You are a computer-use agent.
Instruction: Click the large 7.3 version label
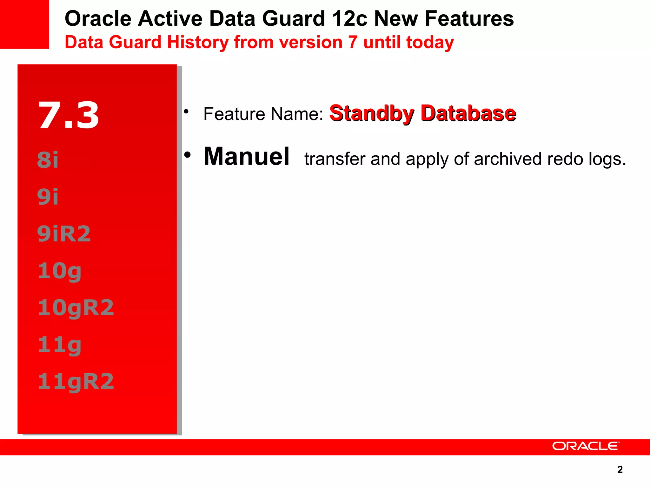[69, 115]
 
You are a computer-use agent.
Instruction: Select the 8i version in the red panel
[48, 160]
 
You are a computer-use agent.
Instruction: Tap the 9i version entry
[48, 197]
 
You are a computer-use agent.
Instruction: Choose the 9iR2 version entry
[64, 234]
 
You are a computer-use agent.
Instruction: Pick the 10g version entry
[60, 271]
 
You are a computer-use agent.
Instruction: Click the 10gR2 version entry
[76, 308]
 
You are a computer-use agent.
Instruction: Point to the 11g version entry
[60, 345]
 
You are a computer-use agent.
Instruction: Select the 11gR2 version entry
[76, 382]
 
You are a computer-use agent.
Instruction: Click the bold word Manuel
[247, 156]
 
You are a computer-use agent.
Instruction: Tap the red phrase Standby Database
[423, 113]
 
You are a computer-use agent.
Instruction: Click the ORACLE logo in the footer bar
[586, 446]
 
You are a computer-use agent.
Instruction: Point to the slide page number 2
[620, 470]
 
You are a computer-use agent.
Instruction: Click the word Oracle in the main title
[98, 18]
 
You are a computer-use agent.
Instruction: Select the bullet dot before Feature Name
[186, 112]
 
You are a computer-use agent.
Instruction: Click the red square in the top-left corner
[24, 24]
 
